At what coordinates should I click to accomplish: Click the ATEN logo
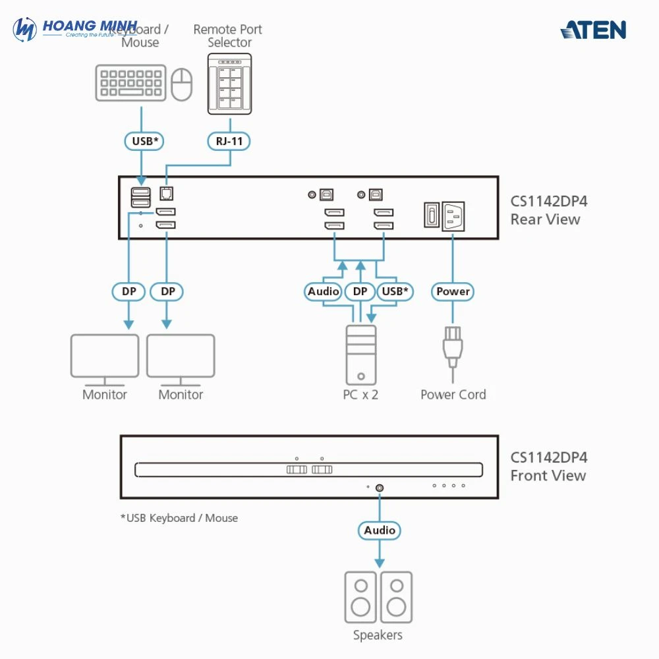click(593, 30)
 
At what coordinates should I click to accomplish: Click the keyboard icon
click(130, 82)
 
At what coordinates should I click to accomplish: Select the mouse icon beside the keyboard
click(182, 85)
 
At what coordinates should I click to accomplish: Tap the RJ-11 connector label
click(229, 140)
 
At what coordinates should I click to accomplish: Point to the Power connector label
click(453, 291)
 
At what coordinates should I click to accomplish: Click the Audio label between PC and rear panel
click(323, 291)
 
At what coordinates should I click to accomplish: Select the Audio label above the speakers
click(380, 530)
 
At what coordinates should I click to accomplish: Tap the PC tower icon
click(361, 355)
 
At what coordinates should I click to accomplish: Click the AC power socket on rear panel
click(453, 216)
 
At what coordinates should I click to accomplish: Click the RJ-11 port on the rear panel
click(167, 194)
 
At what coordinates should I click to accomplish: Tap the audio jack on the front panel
click(380, 488)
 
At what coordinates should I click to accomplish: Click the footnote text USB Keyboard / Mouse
click(179, 518)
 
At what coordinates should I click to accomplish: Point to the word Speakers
click(378, 635)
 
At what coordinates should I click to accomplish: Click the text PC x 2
click(360, 395)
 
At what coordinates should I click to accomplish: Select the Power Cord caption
click(453, 395)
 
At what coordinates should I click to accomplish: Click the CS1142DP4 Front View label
click(548, 467)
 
